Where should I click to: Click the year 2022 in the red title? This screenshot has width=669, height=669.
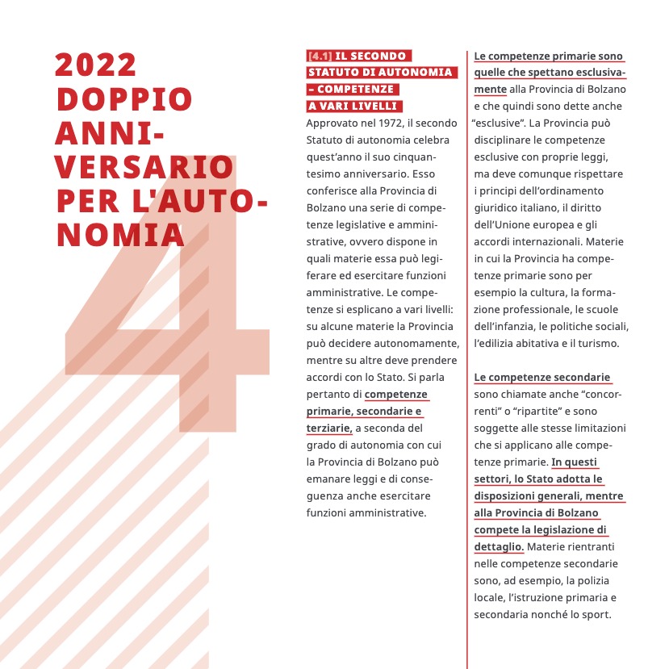95,65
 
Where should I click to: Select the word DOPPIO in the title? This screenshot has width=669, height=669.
123,99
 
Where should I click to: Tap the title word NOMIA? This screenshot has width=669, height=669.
119,234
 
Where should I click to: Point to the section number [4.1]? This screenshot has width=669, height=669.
320,56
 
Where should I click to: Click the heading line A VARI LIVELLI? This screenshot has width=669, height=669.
353,106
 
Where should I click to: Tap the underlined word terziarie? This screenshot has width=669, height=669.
328,428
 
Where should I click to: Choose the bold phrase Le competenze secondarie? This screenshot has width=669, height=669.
541,377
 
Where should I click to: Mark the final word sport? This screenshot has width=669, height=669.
596,614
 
